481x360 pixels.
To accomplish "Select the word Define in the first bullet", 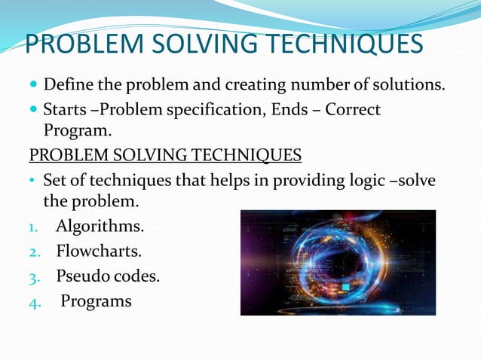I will click(66, 81).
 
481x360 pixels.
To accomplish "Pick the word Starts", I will click(63, 111).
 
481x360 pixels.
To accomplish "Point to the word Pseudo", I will click(82, 276).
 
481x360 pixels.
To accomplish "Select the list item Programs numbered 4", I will click(96, 301).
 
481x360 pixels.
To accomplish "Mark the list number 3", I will click(33, 276).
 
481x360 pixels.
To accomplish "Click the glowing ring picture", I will click(338, 262).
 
